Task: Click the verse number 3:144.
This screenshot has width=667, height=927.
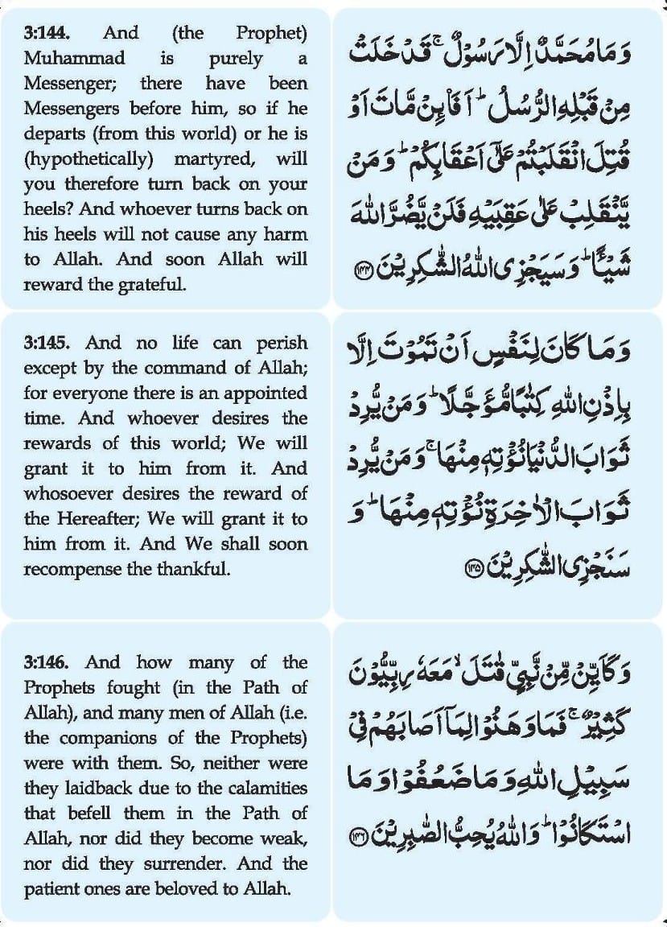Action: click(46, 34)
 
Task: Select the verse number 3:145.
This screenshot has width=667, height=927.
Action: click(46, 344)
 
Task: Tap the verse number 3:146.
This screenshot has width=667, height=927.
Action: click(46, 662)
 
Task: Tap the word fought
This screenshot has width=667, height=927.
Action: click(134, 687)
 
